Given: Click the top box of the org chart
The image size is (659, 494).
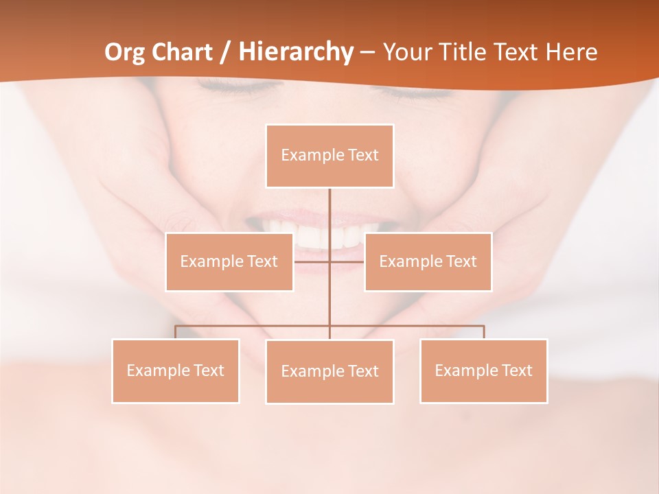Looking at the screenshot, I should click(329, 156).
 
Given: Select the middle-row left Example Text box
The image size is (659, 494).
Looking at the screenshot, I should click(229, 261).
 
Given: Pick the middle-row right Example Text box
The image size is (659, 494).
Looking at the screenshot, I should click(428, 261).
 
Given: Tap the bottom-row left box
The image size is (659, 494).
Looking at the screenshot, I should click(175, 370).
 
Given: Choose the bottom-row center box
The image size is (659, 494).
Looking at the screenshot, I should click(329, 371).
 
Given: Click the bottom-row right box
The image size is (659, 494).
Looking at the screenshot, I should click(483, 370).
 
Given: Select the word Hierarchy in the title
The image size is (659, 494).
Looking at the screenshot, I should click(296, 52).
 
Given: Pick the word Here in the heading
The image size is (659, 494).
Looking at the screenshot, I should click(571, 52).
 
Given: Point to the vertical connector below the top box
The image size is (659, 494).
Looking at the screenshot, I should click(329, 213).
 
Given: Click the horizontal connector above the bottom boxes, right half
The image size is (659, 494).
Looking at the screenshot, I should click(412, 326).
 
